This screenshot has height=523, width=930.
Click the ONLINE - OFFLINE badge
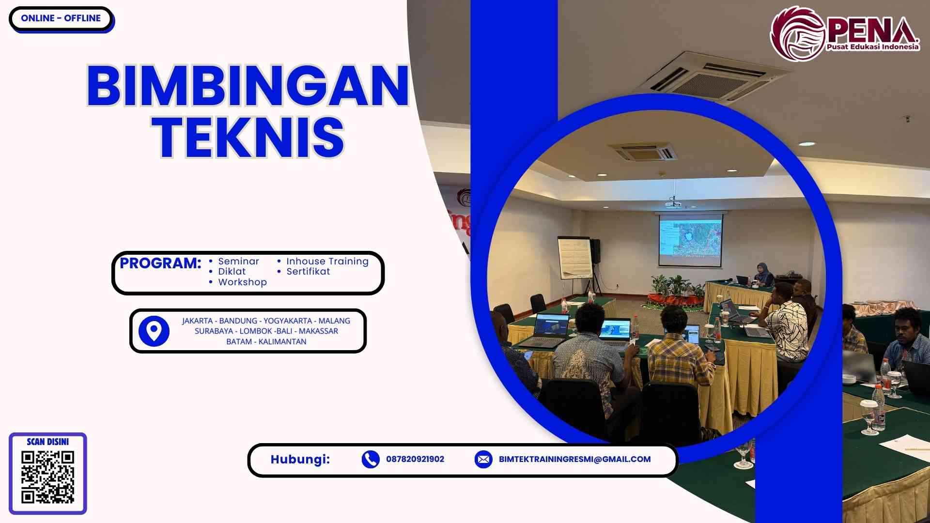[61, 18]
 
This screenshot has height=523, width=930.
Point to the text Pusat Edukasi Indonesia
[872, 47]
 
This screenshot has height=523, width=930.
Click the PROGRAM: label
[160, 263]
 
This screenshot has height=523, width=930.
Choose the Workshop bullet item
[242, 282]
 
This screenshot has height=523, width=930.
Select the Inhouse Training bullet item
[327, 261]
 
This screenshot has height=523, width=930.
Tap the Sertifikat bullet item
[308, 272]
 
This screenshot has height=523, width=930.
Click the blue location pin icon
[154, 331]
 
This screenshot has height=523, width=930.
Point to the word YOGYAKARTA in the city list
[288, 321]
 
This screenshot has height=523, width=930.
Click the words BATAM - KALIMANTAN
[266, 341]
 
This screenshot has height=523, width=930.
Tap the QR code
[47, 477]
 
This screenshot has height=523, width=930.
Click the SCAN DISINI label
[47, 442]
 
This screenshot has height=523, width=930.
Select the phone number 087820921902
[415, 459]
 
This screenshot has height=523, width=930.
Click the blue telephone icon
[371, 459]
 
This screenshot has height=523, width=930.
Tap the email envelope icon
[483, 459]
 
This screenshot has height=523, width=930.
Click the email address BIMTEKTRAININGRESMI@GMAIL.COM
[574, 459]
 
